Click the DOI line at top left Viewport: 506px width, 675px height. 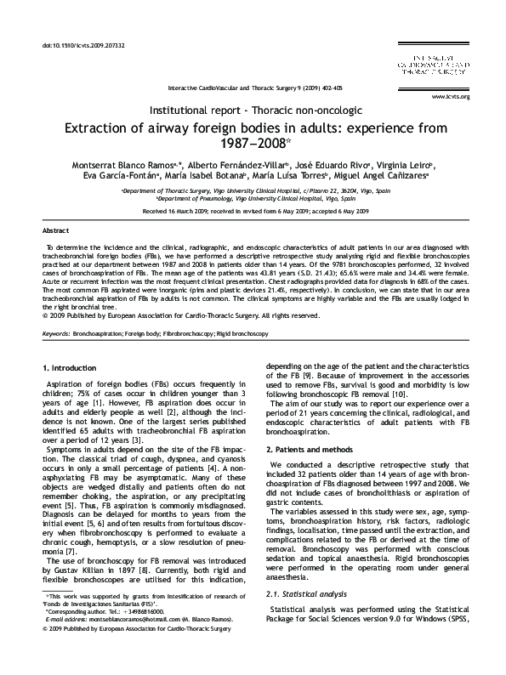pos(77,43)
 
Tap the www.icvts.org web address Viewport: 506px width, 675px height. pos(450,96)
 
